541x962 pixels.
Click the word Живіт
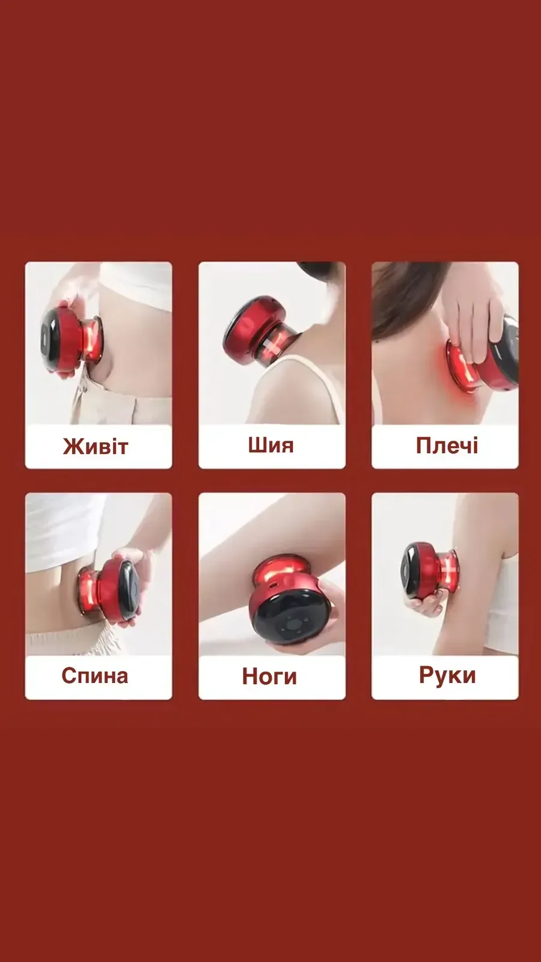point(96,446)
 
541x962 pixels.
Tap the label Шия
point(271,445)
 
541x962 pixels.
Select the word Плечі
point(447,446)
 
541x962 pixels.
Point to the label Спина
point(95,676)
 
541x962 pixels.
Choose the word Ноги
point(270,676)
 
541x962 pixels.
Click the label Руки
point(447,675)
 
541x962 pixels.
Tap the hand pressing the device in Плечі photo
point(472,318)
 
